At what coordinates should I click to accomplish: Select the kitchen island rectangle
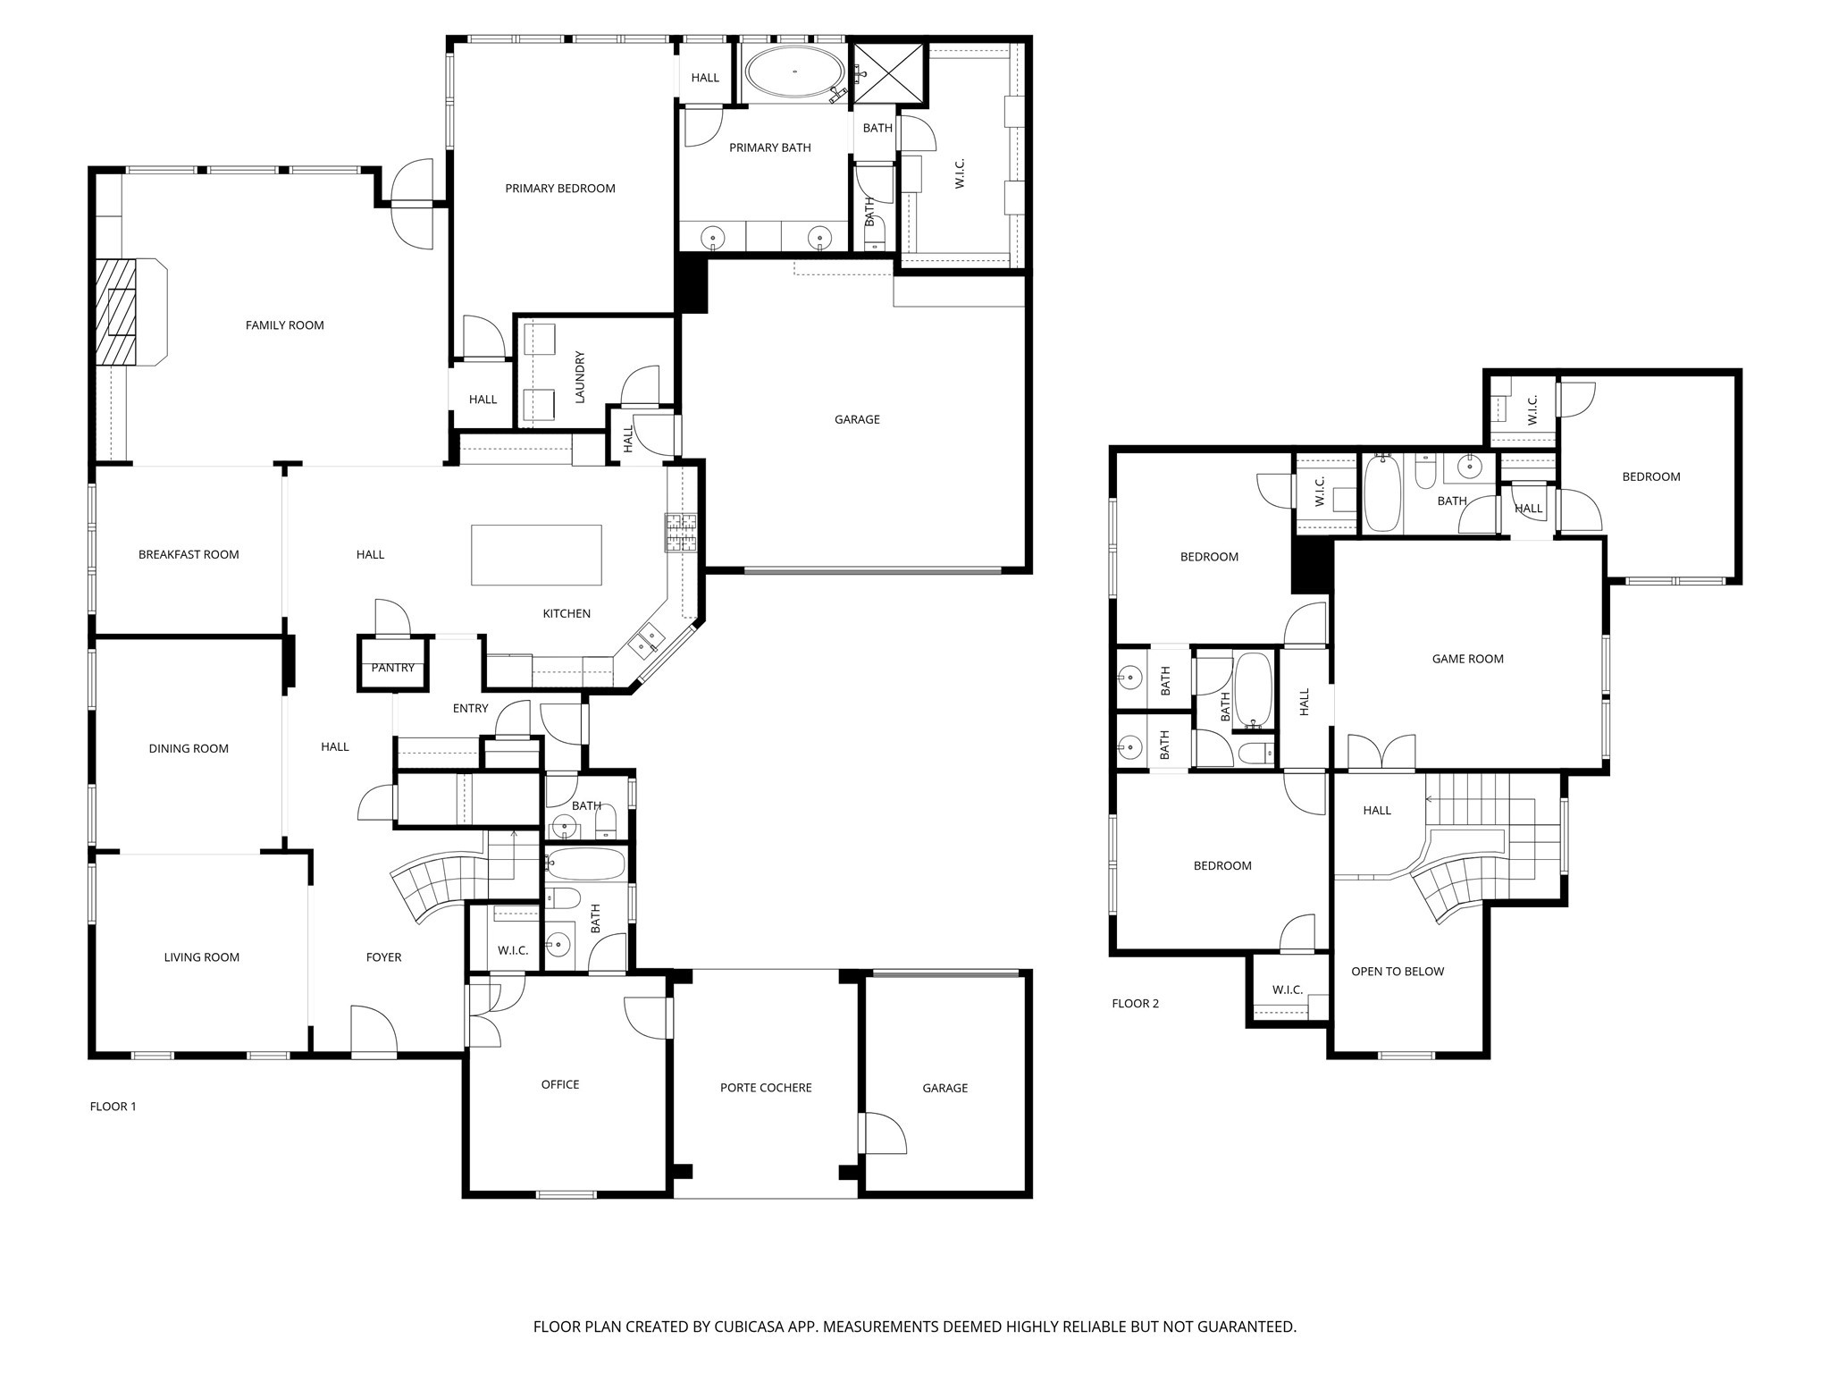point(536,555)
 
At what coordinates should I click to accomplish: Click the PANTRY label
point(393,668)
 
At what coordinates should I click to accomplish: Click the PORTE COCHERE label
point(766,1088)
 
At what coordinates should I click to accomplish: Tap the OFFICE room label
point(560,1084)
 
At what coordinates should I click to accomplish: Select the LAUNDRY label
point(580,376)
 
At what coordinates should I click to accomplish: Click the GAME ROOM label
point(1467,659)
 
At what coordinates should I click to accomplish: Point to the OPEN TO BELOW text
point(1397,972)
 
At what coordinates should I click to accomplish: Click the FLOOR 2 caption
point(1135,1004)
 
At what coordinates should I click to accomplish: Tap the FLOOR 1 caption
point(113,1107)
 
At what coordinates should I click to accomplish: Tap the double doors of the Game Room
point(1381,753)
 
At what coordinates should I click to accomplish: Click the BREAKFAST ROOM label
point(189,554)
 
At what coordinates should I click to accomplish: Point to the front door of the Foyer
point(374,1032)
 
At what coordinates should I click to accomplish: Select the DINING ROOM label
point(189,749)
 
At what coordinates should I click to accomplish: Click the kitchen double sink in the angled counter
point(647,640)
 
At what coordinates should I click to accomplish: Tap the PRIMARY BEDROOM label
point(560,189)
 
